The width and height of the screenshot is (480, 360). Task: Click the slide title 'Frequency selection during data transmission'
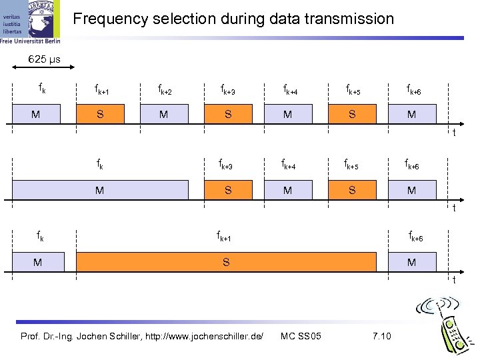point(233,19)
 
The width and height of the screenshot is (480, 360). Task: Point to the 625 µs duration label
point(44,60)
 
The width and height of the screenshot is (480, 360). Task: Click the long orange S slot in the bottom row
point(226,263)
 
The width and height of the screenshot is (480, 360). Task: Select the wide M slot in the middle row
point(99,191)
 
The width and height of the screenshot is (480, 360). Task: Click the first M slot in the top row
point(35,114)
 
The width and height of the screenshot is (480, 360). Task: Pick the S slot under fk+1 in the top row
point(99,114)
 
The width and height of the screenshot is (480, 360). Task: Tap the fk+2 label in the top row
point(164,90)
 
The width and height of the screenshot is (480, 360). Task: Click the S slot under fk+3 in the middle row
point(228,191)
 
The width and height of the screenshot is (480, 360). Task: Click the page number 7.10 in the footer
point(381,335)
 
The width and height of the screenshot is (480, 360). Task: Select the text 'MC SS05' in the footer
point(301,335)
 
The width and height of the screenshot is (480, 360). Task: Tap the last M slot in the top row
point(412,114)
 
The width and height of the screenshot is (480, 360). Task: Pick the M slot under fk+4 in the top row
point(287,114)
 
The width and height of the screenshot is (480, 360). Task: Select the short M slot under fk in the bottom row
point(38,263)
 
